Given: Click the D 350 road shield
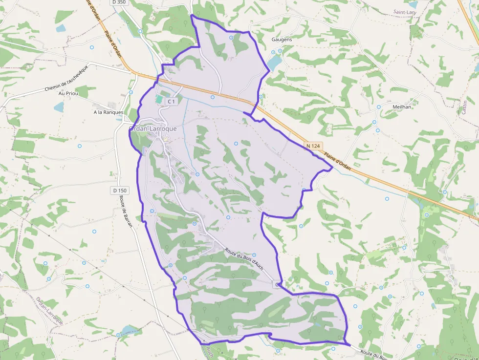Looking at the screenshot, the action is [119, 2].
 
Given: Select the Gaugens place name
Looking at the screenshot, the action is [282, 39].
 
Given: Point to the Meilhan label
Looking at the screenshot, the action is [402, 106].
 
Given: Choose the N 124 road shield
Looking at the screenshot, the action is [314, 146].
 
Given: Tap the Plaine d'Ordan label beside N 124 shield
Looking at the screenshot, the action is [337, 160].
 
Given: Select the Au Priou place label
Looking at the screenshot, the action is [68, 93].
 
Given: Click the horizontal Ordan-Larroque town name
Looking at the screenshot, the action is [152, 128].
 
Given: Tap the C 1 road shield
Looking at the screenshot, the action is [171, 101].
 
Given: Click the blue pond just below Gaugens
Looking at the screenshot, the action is [274, 62].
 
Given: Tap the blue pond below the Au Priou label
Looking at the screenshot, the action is [59, 106].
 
